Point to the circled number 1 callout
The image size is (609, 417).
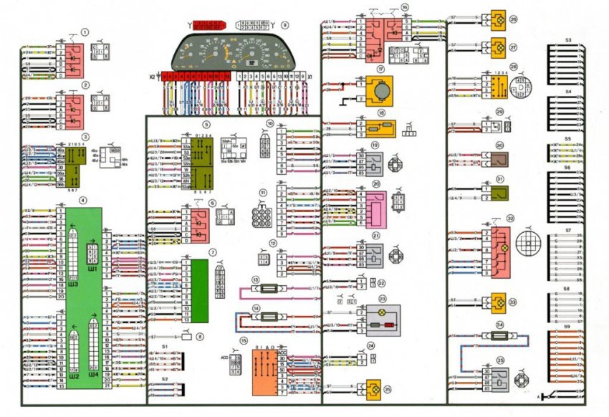coord(85,32)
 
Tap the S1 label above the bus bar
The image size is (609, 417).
coord(165,347)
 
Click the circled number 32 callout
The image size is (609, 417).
coord(511,219)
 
